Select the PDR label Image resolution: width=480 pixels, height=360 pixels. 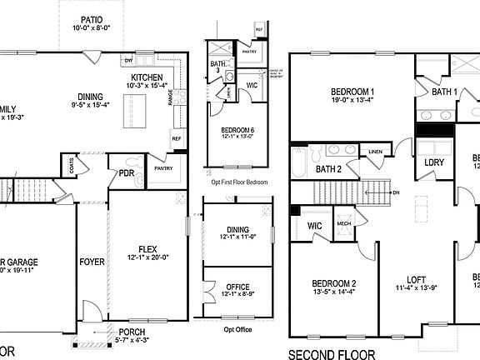click(x=127, y=174)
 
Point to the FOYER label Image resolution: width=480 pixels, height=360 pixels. click(x=92, y=262)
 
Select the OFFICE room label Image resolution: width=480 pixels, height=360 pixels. click(x=237, y=287)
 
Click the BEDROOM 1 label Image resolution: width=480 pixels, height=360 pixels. click(x=352, y=92)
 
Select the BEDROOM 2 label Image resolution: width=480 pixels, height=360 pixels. click(x=332, y=282)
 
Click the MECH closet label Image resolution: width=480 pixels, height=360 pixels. click(x=343, y=222)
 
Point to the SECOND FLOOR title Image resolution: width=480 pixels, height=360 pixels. click(x=332, y=353)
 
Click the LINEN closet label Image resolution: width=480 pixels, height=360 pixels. click(x=376, y=152)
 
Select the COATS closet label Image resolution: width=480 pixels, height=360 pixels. click(x=72, y=167)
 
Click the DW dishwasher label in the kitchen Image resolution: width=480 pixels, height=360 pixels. click(x=128, y=61)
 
